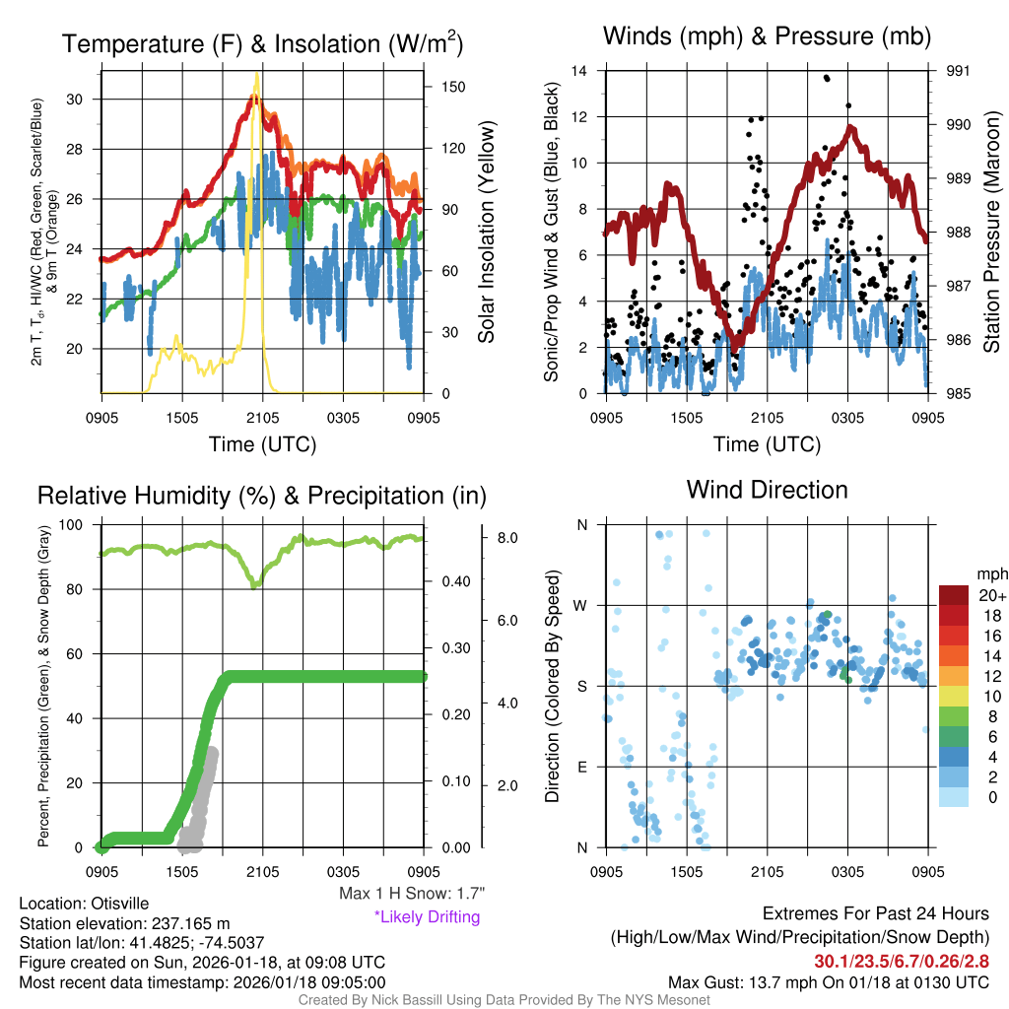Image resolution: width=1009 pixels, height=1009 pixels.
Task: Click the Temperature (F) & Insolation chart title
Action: (x=262, y=43)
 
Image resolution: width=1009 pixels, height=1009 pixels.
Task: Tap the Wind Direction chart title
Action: (x=767, y=490)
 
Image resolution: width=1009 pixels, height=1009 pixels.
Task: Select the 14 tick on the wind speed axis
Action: (x=579, y=71)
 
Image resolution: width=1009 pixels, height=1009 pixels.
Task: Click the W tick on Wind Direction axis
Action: (x=581, y=605)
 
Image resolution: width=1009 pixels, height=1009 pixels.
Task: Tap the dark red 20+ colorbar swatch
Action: (x=955, y=595)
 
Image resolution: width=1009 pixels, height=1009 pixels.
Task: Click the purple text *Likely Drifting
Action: (x=427, y=916)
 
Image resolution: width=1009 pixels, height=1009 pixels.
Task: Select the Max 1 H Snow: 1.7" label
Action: (x=411, y=894)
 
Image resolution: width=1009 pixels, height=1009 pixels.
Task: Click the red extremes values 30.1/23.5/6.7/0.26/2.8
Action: (x=902, y=961)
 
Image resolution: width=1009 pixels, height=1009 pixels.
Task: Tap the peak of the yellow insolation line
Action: (x=257, y=74)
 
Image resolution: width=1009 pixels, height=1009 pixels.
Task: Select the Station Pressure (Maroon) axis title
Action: (x=992, y=233)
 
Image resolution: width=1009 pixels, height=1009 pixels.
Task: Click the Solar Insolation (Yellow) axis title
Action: (x=486, y=233)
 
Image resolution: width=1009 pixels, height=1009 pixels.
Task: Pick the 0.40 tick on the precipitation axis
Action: (x=454, y=581)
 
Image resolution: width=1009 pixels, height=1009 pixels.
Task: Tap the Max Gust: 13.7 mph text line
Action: (x=828, y=981)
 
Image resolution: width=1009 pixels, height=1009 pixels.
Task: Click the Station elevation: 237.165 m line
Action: (x=124, y=923)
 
